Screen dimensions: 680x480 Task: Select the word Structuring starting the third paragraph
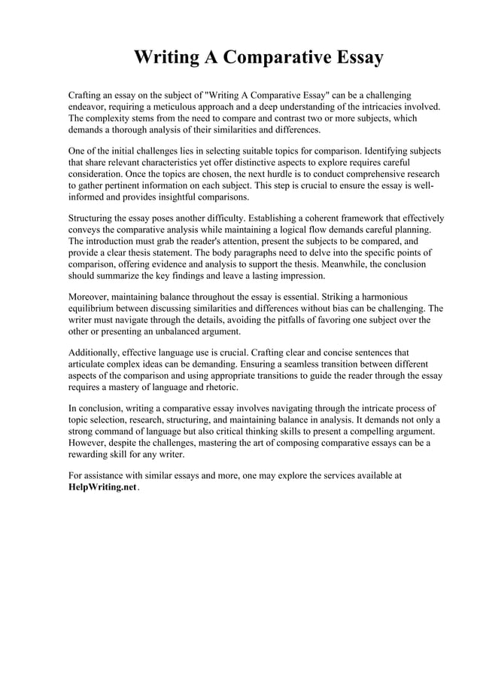pos(93,217)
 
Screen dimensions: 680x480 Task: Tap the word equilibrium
pos(94,308)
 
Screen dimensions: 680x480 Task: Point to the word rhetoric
pos(218,387)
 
